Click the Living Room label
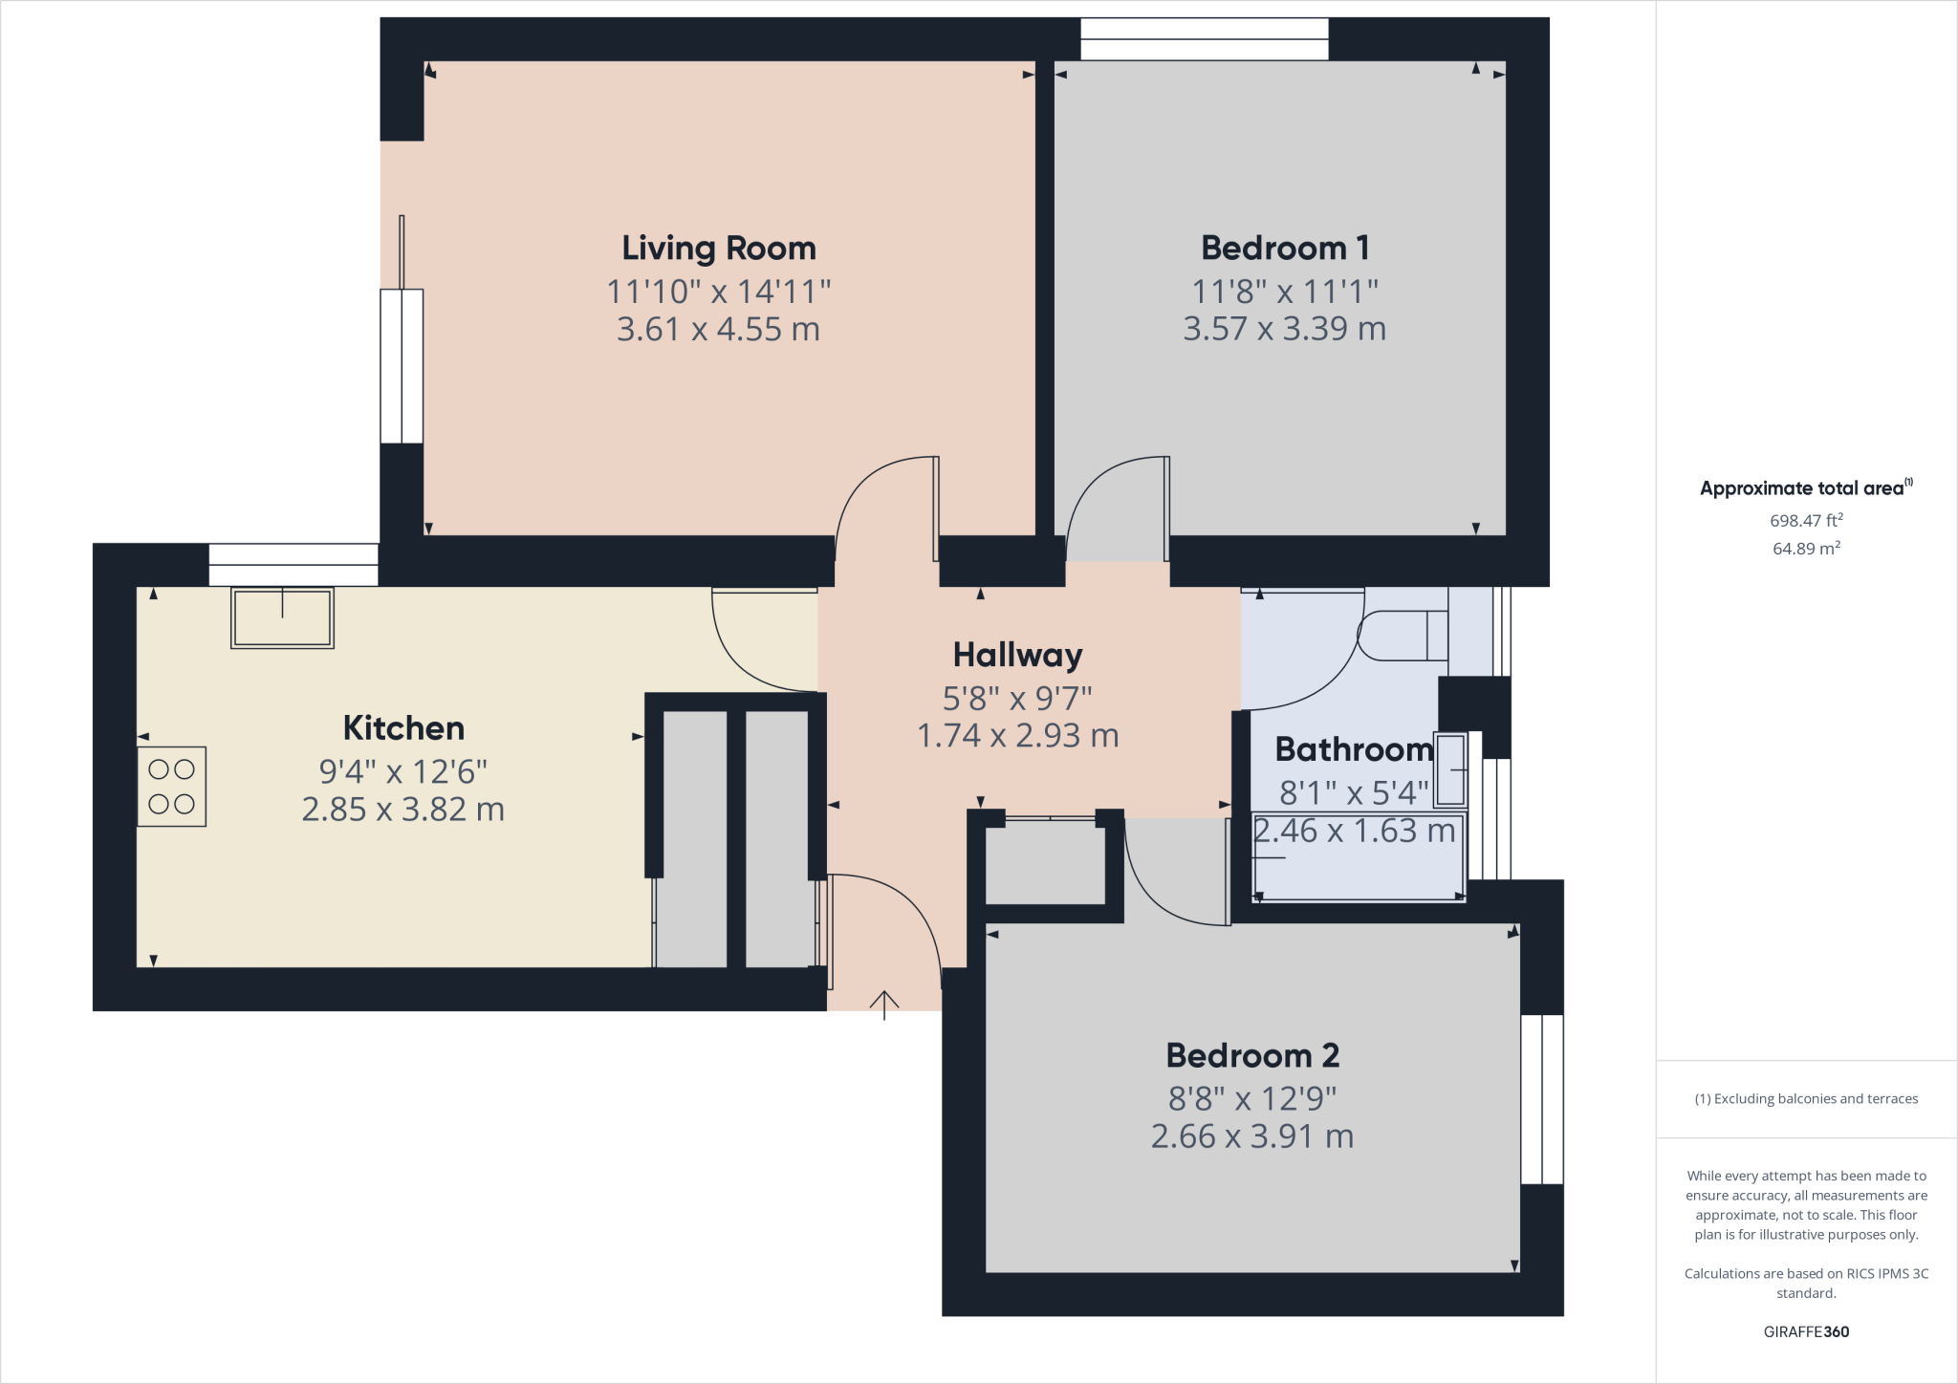tap(719, 249)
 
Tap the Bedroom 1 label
tap(1285, 249)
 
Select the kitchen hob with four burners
tap(172, 787)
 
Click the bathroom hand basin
tap(1450, 769)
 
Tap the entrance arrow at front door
tap(884, 1005)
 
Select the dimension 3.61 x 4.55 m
tap(719, 330)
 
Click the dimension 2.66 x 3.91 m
tap(1252, 1136)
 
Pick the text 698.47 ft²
tap(1806, 521)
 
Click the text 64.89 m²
tap(1806, 549)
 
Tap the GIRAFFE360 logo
tap(1806, 1331)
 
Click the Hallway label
tap(1017, 656)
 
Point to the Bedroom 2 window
tap(1542, 1099)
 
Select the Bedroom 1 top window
tap(1205, 39)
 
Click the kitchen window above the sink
tap(294, 565)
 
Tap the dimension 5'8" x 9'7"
tap(1017, 699)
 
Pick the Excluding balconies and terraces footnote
tap(1806, 1099)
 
